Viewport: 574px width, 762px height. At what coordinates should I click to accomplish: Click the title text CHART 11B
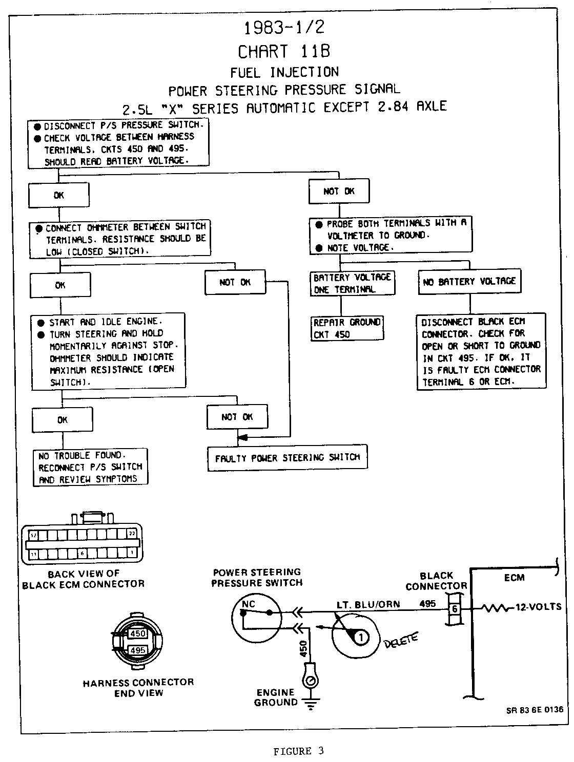tap(284, 51)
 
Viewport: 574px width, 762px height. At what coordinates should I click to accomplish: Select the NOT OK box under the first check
tap(339, 192)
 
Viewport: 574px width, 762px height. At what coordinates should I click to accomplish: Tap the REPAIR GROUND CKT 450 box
tap(347, 328)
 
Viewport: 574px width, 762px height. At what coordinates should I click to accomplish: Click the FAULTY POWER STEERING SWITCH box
tap(288, 458)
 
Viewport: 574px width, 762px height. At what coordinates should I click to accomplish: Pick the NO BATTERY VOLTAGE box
tap(469, 282)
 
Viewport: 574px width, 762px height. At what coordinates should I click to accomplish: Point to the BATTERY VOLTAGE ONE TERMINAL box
tap(352, 283)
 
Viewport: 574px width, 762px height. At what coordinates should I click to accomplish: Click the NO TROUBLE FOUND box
tap(90, 467)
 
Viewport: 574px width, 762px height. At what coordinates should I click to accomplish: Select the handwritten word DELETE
tap(401, 640)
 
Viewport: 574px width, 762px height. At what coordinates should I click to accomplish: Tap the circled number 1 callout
tap(361, 638)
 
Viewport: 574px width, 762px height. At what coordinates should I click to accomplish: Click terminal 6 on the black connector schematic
tap(454, 609)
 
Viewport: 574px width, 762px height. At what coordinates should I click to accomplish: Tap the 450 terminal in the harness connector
tap(137, 633)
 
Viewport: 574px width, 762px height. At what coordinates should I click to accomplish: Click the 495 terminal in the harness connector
tap(137, 650)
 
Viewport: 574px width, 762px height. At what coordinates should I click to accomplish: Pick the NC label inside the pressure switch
tap(248, 604)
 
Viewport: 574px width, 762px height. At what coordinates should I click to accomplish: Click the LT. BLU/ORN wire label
tap(368, 604)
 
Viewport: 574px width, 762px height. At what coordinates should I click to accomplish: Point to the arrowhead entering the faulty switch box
tap(243, 438)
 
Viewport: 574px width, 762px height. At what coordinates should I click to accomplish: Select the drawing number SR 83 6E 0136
tap(535, 710)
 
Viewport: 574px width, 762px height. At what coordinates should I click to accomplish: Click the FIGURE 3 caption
tap(298, 752)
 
